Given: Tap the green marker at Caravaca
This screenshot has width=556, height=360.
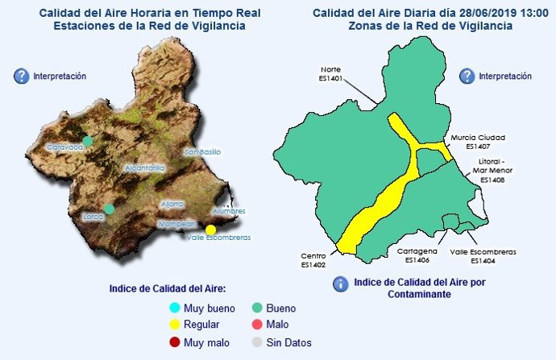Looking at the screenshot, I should click(x=88, y=141).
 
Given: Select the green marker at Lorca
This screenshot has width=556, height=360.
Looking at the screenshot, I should click(x=109, y=209).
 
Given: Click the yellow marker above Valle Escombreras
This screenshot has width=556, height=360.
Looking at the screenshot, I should click(x=211, y=229).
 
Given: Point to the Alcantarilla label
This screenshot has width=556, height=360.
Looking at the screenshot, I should click(x=145, y=168).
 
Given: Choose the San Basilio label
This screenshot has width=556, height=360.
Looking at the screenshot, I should click(x=203, y=152).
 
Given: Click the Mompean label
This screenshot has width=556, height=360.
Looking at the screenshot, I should click(x=178, y=224).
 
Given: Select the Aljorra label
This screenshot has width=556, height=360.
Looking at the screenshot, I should click(x=172, y=204).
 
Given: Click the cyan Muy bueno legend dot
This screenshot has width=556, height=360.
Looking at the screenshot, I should click(x=174, y=308).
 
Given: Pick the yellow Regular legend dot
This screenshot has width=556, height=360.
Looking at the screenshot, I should click(x=174, y=325).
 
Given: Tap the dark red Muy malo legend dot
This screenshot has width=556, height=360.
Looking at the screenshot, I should click(x=174, y=343).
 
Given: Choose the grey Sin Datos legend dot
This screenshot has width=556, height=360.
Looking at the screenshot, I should click(x=257, y=343).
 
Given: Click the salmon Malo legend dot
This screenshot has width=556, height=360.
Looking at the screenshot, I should click(x=257, y=325).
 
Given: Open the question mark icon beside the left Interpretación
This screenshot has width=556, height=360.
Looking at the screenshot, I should click(x=21, y=77).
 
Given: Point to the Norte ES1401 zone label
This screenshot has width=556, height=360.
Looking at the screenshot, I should click(x=331, y=74).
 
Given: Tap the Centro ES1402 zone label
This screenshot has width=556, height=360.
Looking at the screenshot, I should click(x=313, y=259).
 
